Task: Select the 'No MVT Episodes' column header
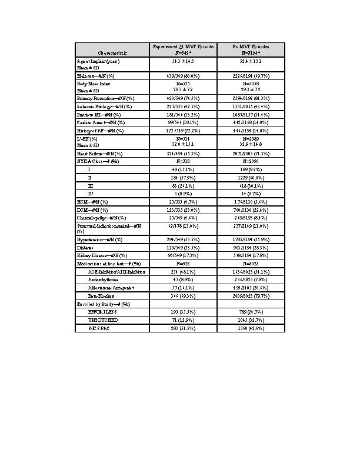[x=251, y=46]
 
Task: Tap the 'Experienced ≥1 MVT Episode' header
[x=183, y=46]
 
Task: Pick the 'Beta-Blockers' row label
[x=101, y=297]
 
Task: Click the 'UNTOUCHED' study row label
[x=103, y=319]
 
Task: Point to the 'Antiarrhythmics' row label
[x=104, y=280]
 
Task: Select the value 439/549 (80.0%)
[x=183, y=76]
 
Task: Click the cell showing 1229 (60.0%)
[x=251, y=177]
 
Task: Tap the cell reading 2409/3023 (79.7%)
[x=251, y=297]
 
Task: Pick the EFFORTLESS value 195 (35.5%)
[x=183, y=312]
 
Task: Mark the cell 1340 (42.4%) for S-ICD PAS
[x=251, y=328]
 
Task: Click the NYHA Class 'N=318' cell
[x=183, y=161]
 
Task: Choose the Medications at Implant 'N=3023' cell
[x=251, y=264]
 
